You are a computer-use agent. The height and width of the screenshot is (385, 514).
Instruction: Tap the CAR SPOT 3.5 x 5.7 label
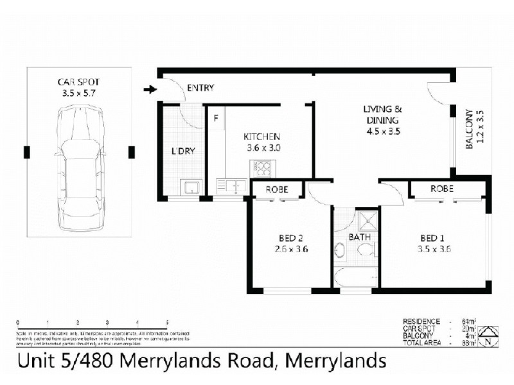78,87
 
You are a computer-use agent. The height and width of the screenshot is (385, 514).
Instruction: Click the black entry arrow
149,89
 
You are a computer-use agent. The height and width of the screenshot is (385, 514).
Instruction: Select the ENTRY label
200,88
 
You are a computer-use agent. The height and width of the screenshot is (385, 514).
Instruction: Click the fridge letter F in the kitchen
216,118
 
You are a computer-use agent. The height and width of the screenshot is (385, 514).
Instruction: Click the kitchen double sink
231,186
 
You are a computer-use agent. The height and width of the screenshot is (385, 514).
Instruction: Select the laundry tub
191,187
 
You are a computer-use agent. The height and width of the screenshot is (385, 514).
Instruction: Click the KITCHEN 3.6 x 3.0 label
261,142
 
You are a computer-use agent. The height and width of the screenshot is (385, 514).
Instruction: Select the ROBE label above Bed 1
442,189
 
